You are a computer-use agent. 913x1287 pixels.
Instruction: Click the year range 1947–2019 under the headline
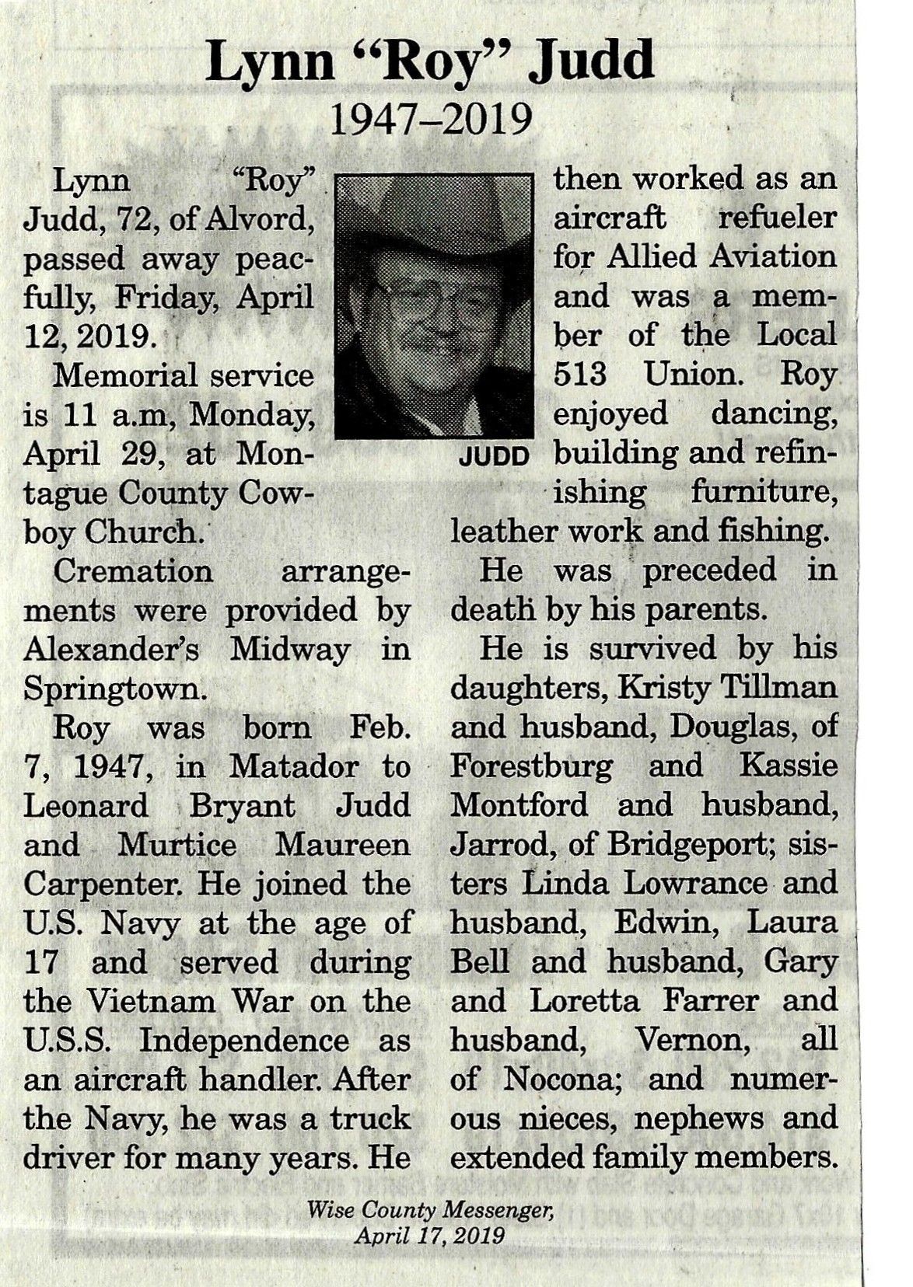pyautogui.click(x=433, y=121)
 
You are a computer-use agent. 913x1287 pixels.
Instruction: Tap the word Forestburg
pyautogui.click(x=531, y=766)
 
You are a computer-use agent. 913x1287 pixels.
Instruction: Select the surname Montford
pyautogui.click(x=519, y=805)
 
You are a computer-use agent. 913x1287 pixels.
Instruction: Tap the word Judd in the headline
pyautogui.click(x=592, y=64)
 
